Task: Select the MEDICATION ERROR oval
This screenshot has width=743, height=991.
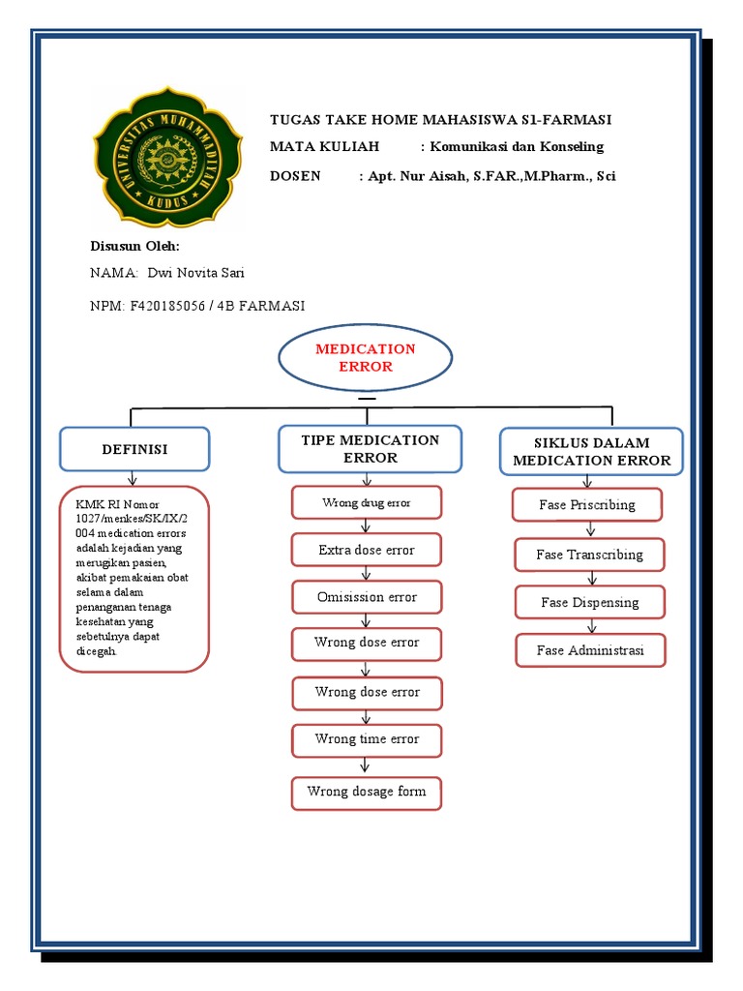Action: tap(365, 358)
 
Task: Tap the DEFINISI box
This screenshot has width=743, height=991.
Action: tap(134, 450)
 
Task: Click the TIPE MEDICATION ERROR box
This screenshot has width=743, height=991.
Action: tap(370, 449)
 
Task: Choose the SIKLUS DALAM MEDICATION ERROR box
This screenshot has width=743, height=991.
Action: tap(591, 452)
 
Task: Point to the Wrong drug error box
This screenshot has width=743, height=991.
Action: tap(366, 503)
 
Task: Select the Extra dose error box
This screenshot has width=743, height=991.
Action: tap(366, 550)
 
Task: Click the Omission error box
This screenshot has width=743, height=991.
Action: tap(366, 597)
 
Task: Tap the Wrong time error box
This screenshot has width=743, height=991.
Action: tap(366, 739)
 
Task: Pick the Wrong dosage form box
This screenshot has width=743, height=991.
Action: tap(366, 792)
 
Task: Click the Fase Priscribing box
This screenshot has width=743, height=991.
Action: tap(587, 505)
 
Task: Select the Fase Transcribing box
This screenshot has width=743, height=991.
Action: tap(589, 556)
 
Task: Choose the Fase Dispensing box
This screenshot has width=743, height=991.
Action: tap(590, 602)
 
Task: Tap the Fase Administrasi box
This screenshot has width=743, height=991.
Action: tap(590, 650)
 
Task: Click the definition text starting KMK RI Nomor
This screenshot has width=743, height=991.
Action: tap(134, 578)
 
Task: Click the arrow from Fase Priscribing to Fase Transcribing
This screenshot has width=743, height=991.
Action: tap(589, 529)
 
